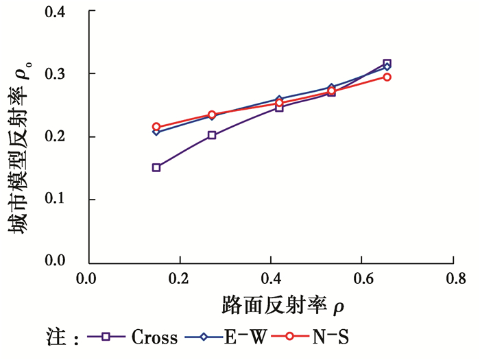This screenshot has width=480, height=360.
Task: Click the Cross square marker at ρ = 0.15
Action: click(x=156, y=167)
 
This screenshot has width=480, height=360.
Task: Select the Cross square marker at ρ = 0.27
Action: click(x=212, y=135)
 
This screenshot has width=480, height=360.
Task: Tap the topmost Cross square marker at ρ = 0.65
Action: click(x=387, y=63)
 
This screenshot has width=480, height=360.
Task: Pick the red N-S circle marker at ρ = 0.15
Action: click(x=156, y=127)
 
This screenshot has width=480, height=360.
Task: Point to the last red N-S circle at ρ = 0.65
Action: click(x=387, y=77)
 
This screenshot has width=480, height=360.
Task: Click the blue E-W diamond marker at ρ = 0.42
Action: click(x=279, y=99)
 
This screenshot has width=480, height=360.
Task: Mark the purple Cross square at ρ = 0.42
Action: click(x=279, y=108)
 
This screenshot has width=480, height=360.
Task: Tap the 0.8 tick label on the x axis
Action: click(x=453, y=280)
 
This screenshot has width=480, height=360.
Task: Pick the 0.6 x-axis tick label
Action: click(x=362, y=280)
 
